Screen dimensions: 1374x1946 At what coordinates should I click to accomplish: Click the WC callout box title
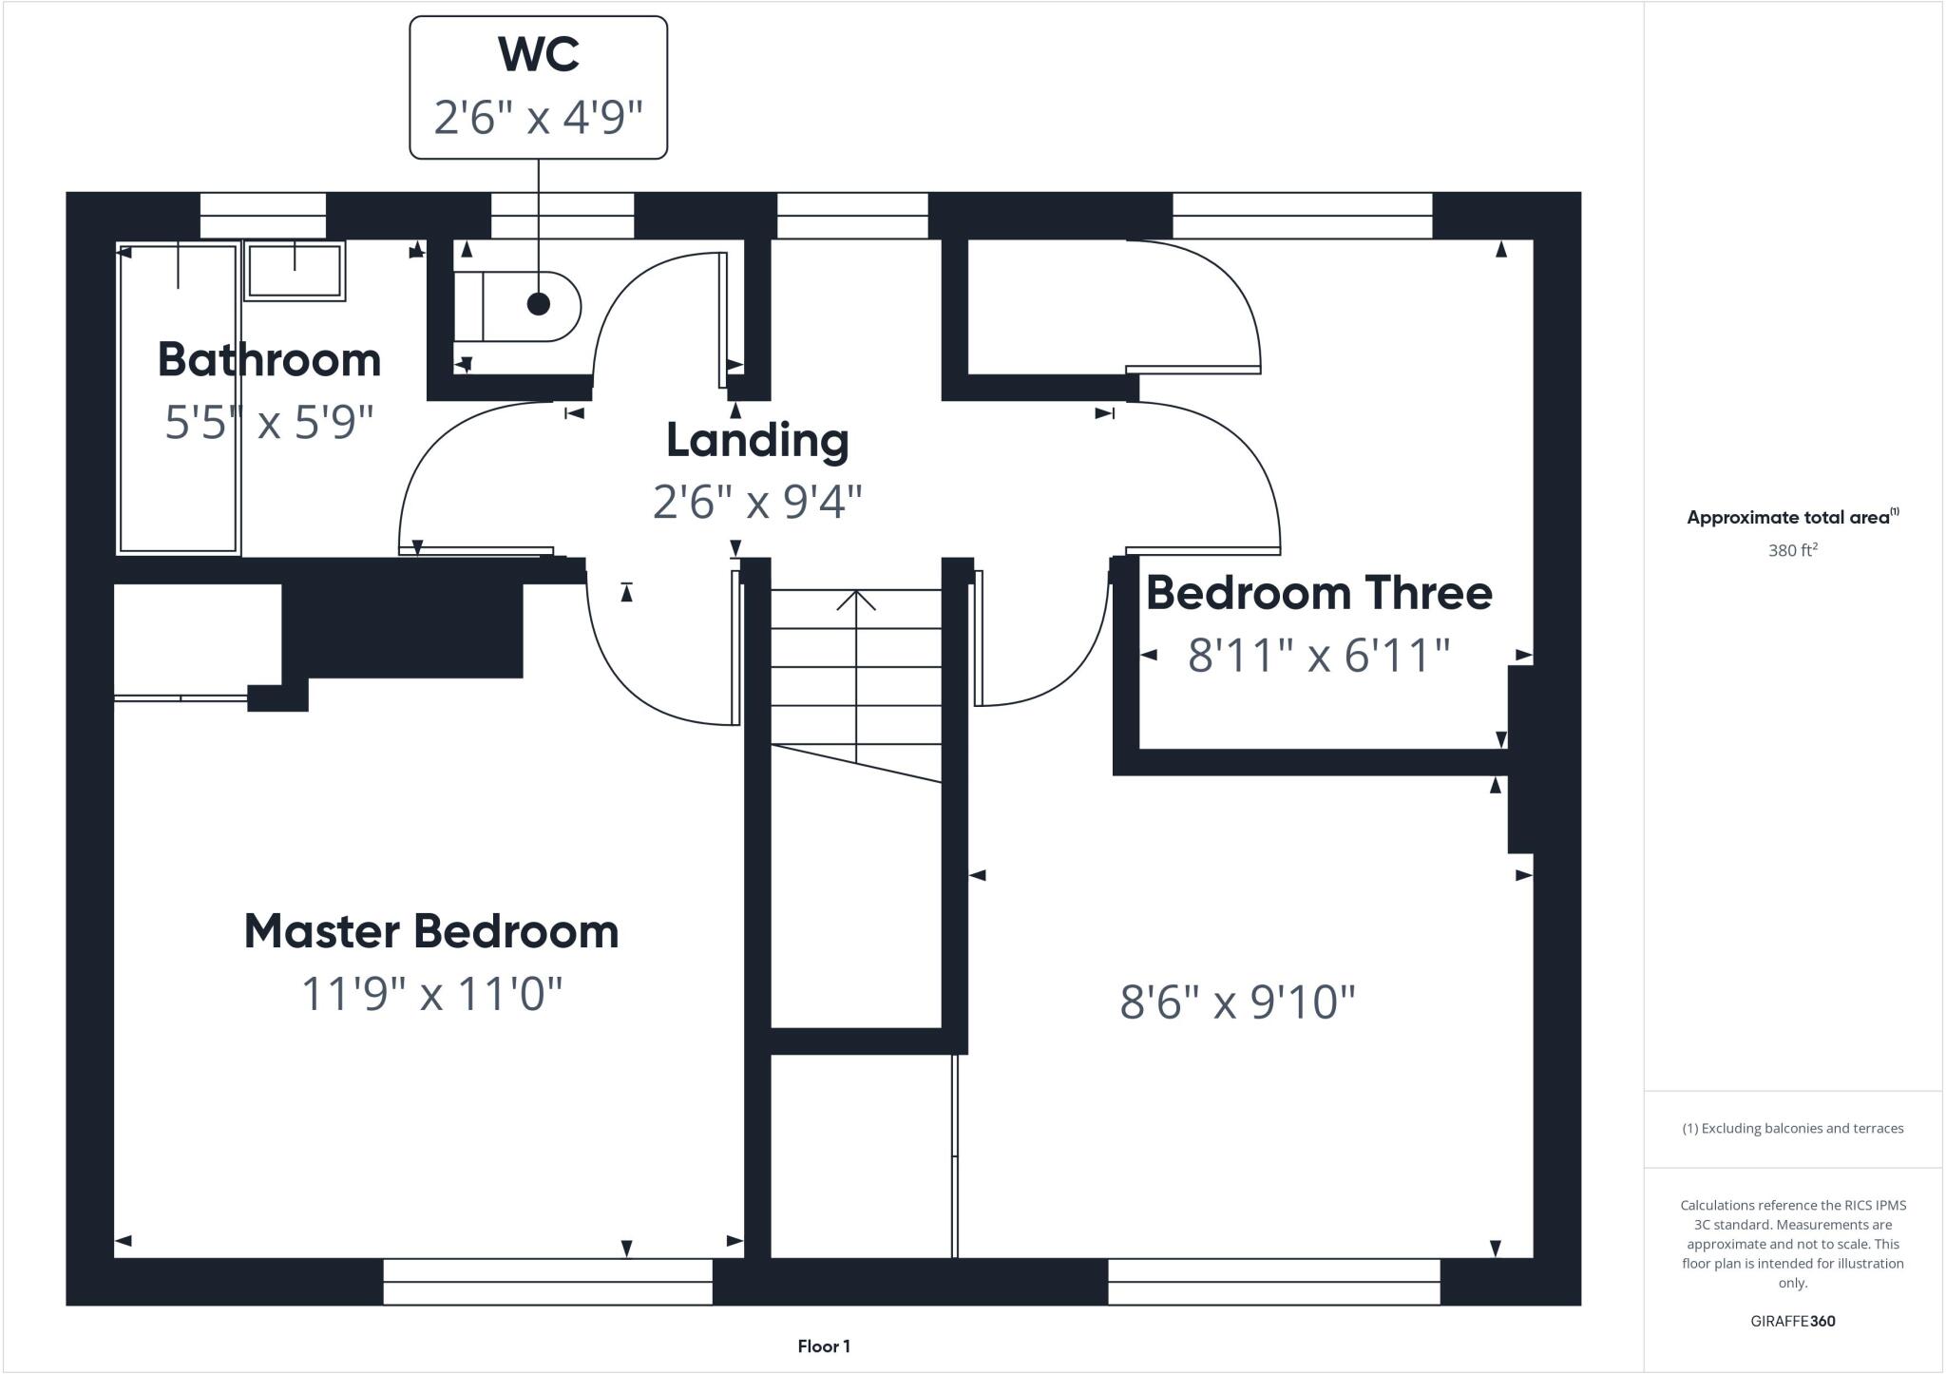[538, 54]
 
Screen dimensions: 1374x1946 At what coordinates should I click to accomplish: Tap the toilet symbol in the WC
[518, 306]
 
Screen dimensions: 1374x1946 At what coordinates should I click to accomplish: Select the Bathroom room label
[269, 360]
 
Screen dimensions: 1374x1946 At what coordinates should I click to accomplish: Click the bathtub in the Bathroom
[177, 399]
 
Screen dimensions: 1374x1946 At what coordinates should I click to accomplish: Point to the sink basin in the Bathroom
[295, 270]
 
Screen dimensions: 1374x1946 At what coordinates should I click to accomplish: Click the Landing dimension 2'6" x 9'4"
[757, 501]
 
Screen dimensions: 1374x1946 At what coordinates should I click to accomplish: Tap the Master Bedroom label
[431, 931]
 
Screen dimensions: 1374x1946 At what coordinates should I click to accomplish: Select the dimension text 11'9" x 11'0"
[431, 995]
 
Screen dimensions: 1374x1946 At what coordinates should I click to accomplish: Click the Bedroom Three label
[1319, 593]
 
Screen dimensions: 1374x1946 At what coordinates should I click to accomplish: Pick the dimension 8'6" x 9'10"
[1237, 1002]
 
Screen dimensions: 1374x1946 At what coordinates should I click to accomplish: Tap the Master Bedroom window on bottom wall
[547, 1281]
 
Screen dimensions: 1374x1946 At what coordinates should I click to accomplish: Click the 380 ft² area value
[1792, 550]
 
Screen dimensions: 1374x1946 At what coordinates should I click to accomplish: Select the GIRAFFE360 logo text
[1792, 1321]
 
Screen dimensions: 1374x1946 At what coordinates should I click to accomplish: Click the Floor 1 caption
[824, 1346]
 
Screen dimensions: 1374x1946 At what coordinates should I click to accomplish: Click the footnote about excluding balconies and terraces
[1792, 1129]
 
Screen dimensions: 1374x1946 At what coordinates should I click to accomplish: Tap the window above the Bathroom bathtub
[263, 216]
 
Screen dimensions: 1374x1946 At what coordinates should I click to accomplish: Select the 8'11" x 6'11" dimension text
[1319, 656]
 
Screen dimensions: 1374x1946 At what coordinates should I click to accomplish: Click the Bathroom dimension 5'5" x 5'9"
[269, 422]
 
